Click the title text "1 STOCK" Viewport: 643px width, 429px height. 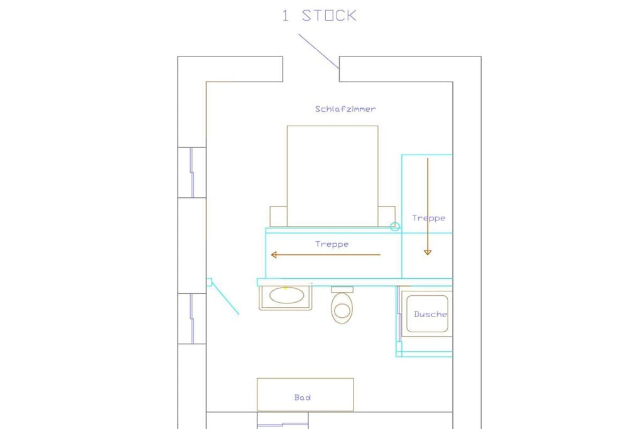[x=319, y=16]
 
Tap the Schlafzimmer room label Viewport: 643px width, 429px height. [x=345, y=109]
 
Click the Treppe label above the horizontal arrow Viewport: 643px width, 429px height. [x=332, y=244]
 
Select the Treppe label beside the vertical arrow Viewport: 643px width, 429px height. [x=428, y=218]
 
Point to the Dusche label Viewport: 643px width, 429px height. [x=430, y=314]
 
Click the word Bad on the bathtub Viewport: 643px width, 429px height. [x=303, y=398]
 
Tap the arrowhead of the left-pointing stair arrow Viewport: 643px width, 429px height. [x=274, y=255]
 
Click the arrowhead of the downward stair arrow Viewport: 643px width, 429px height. [x=428, y=253]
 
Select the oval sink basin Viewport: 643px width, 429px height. [x=286, y=295]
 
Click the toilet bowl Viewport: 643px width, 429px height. [x=342, y=308]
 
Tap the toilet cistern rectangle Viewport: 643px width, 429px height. [x=342, y=290]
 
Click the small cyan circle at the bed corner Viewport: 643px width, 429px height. [x=395, y=226]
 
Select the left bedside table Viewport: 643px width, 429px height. [x=278, y=216]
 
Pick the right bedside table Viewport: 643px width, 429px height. [x=386, y=216]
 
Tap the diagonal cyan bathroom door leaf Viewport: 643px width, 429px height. [x=225, y=298]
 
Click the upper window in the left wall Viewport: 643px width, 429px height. [x=192, y=172]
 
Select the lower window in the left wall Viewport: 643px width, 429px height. [x=192, y=318]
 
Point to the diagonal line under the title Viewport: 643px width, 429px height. [x=318, y=52]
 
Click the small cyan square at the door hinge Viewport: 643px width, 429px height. [x=209, y=282]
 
